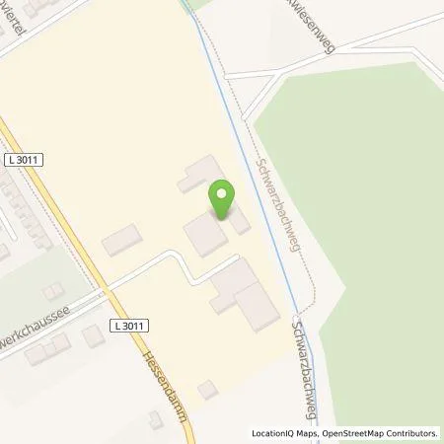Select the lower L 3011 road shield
[128, 325]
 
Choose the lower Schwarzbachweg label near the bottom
[312, 369]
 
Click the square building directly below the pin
[204, 235]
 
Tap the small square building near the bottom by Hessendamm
[207, 390]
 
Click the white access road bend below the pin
[178, 258]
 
